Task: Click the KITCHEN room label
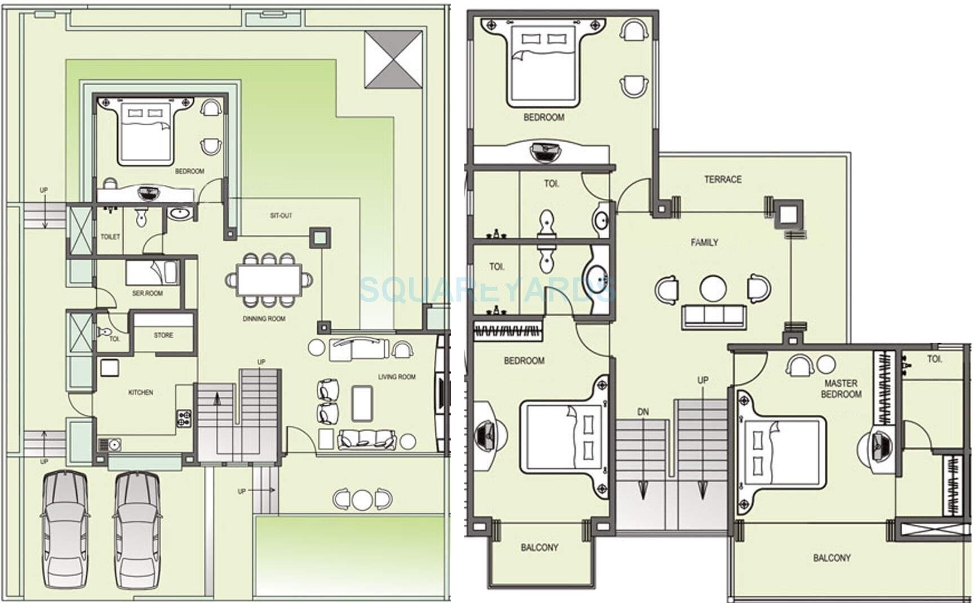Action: [x=140, y=392]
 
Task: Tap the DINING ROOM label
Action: [x=264, y=318]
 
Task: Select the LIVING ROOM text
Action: [x=397, y=376]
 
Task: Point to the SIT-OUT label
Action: [x=281, y=215]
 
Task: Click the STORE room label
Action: [x=163, y=335]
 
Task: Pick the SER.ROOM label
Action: [x=147, y=293]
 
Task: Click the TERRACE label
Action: [x=722, y=179]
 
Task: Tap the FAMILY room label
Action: [x=704, y=242]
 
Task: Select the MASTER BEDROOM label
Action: [x=841, y=388]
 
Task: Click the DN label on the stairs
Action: [x=643, y=412]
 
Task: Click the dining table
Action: [x=269, y=280]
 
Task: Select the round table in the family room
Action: [x=713, y=288]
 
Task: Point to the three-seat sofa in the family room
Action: [x=713, y=316]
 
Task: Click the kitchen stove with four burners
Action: [x=184, y=418]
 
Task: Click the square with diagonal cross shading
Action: [x=393, y=59]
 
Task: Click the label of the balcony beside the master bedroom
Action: [x=832, y=558]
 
